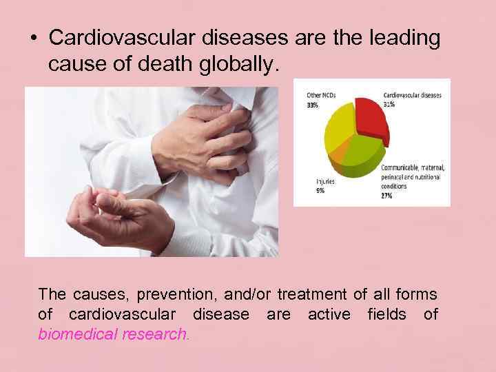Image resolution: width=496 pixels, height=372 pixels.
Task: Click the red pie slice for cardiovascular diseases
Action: coord(371,120)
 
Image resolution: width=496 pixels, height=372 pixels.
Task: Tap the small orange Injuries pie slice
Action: coord(340,163)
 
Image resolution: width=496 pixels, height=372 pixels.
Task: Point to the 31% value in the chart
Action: coord(390,104)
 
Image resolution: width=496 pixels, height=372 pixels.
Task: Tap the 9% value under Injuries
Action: coord(320,190)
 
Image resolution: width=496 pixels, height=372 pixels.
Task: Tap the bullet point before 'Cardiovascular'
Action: coord(33,39)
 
